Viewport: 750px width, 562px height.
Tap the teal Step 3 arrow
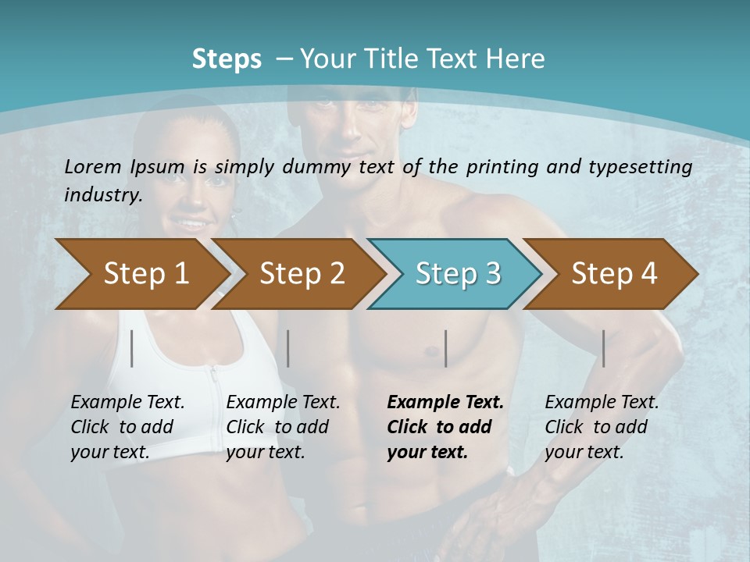pyautogui.click(x=458, y=274)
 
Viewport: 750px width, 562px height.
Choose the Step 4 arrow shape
pyautogui.click(x=614, y=274)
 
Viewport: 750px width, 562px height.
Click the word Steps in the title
pyautogui.click(x=227, y=59)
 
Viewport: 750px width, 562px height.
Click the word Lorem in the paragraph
pyautogui.click(x=93, y=166)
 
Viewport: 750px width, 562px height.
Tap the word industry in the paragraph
pyautogui.click(x=102, y=194)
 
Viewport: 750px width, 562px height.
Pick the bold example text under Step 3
pyautogui.click(x=445, y=427)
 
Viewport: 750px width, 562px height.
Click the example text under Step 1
pyautogui.click(x=127, y=427)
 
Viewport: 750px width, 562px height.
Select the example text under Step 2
pyautogui.click(x=283, y=427)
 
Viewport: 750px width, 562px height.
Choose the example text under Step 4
pyautogui.click(x=602, y=427)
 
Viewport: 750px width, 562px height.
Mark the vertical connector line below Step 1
pyautogui.click(x=132, y=348)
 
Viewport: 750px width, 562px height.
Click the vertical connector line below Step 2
pyautogui.click(x=288, y=348)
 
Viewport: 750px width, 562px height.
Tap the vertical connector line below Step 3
pyautogui.click(x=445, y=348)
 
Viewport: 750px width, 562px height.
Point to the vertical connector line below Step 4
pyautogui.click(x=603, y=348)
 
